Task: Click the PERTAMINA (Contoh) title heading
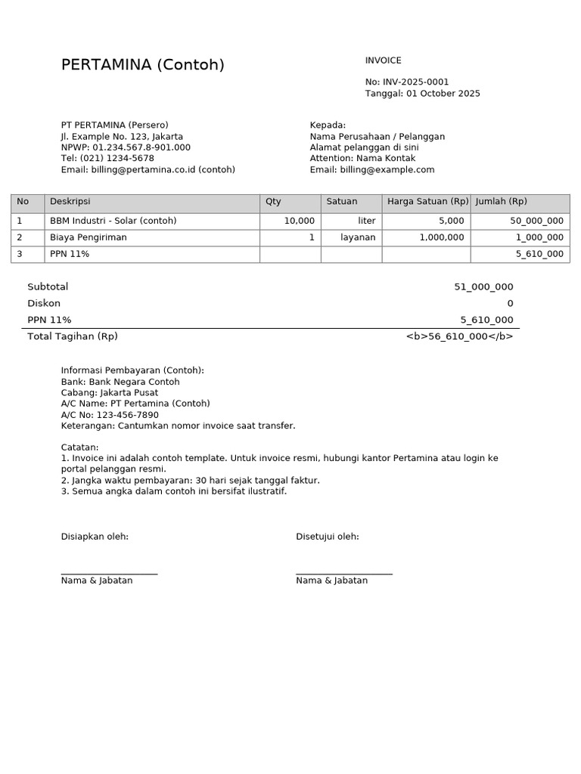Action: (x=142, y=65)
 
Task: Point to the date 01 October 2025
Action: (x=443, y=94)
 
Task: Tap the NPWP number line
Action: (x=126, y=147)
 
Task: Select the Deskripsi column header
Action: (x=70, y=202)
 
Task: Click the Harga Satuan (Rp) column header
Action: (x=427, y=202)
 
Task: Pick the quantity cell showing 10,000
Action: (x=300, y=221)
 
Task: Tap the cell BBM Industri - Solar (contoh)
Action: (x=113, y=221)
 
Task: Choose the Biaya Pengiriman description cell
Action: (x=88, y=237)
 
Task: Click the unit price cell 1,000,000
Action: (x=442, y=237)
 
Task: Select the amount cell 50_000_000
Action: (x=536, y=221)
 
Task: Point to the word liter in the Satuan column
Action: (x=367, y=221)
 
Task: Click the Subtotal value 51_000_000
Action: (x=483, y=287)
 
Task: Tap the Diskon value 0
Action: (x=510, y=304)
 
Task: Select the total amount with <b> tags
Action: (x=459, y=336)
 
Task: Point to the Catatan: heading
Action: (x=79, y=447)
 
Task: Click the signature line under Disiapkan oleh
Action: (x=109, y=574)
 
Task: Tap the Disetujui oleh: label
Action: (x=327, y=537)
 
